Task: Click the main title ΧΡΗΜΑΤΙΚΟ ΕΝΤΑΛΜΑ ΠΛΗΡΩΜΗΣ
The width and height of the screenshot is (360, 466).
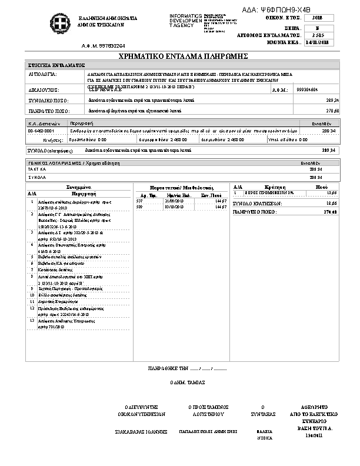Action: pyautogui.click(x=179, y=55)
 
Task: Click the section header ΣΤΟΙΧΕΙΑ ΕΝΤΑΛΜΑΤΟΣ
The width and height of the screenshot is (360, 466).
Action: pyautogui.click(x=56, y=65)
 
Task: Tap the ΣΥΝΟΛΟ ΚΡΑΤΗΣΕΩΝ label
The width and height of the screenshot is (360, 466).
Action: pyautogui.click(x=258, y=203)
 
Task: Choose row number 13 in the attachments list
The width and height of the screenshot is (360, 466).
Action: pyautogui.click(x=32, y=321)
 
